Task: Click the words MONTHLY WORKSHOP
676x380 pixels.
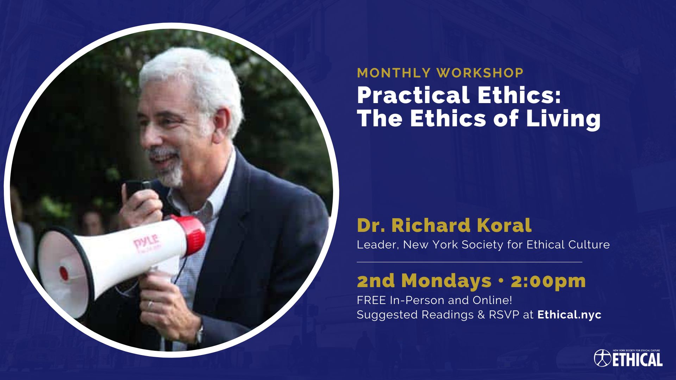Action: pyautogui.click(x=440, y=73)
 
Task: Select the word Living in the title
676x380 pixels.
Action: pyautogui.click(x=563, y=119)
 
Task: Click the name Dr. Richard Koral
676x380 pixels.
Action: pyautogui.click(x=444, y=226)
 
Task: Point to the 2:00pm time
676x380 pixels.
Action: pyautogui.click(x=548, y=281)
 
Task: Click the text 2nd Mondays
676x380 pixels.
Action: pyautogui.click(x=424, y=281)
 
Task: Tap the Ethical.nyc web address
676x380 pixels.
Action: pyautogui.click(x=569, y=315)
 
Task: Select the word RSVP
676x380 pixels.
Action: pyautogui.click(x=504, y=315)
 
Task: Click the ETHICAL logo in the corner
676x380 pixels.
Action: pyautogui.click(x=628, y=359)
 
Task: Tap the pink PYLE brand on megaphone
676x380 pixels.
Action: pyautogui.click(x=147, y=242)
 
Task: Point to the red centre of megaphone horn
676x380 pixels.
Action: pyautogui.click(x=64, y=273)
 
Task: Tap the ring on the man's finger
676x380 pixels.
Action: pyautogui.click(x=150, y=304)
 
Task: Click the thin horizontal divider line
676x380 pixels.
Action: pyautogui.click(x=469, y=262)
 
